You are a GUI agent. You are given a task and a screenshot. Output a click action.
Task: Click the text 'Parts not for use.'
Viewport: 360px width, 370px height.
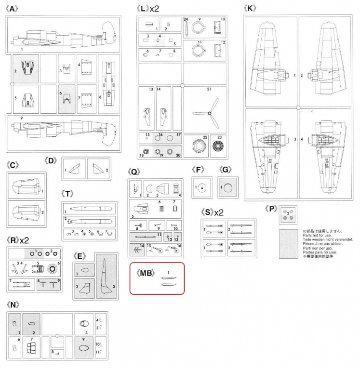click(317, 235)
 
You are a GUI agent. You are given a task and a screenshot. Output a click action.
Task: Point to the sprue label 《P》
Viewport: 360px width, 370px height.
click(272, 208)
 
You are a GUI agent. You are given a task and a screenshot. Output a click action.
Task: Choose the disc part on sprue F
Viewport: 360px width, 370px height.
click(202, 187)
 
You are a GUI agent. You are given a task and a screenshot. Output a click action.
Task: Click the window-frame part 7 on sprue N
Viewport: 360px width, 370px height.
click(32, 348)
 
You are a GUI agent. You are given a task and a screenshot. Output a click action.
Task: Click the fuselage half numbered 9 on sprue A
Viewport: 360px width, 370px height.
click(63, 127)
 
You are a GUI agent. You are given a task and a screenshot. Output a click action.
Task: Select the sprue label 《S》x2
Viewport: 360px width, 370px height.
click(213, 212)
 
